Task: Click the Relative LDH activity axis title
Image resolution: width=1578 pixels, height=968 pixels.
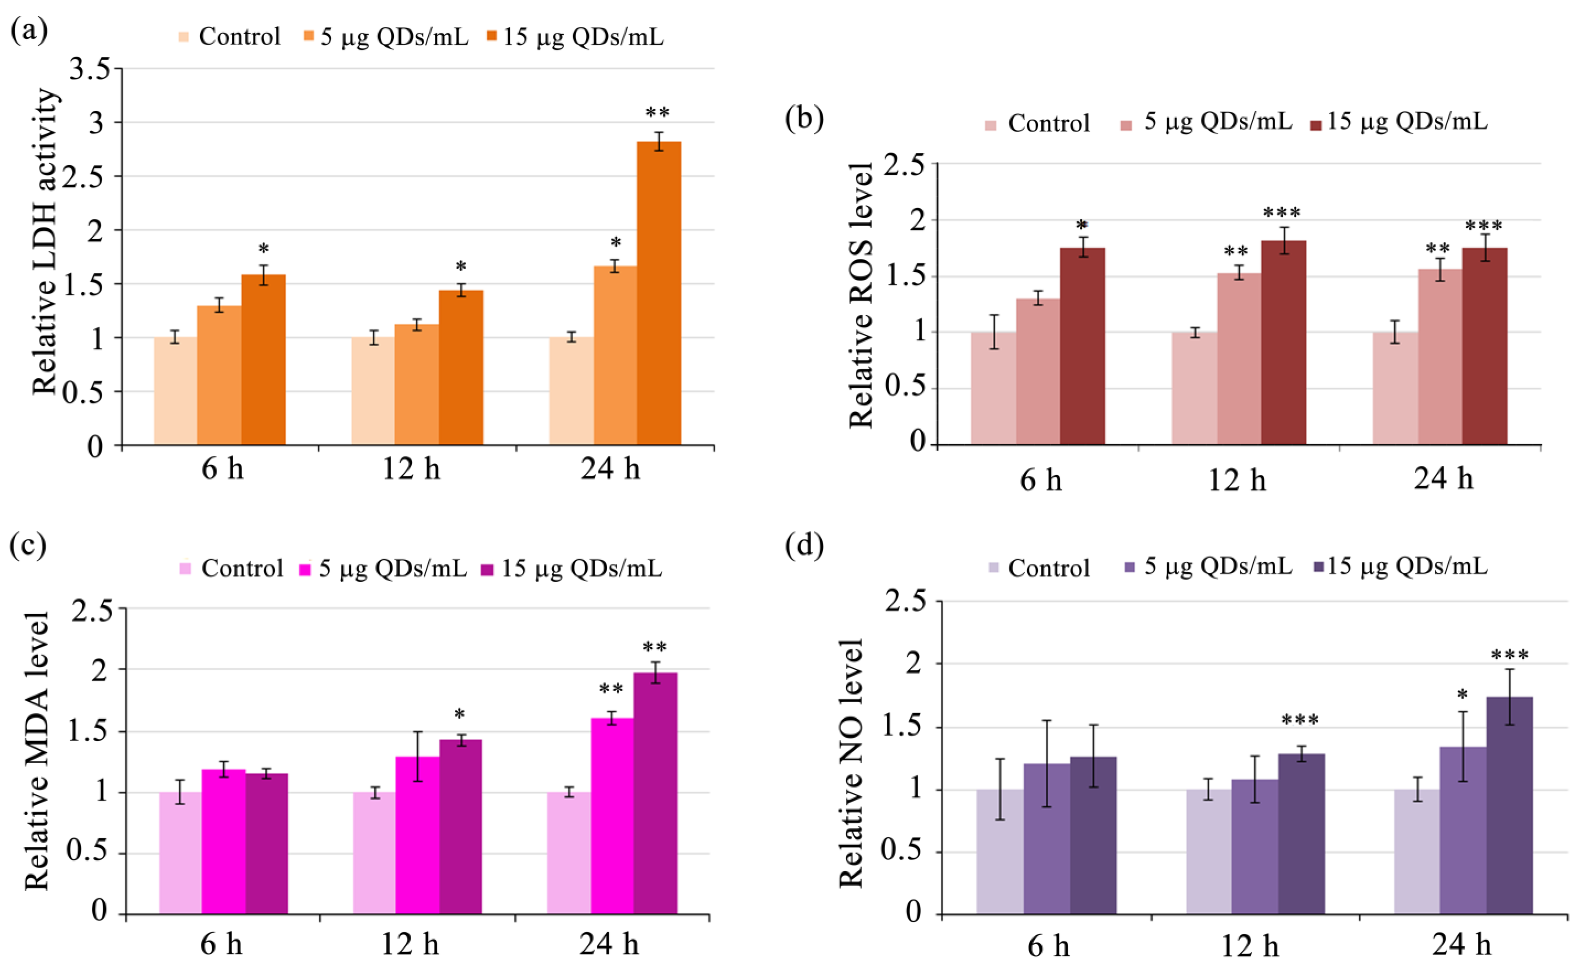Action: (x=46, y=242)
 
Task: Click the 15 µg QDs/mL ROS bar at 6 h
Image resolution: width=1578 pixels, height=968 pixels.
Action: (x=1082, y=346)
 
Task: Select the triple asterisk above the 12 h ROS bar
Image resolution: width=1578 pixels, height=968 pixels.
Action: (x=1282, y=213)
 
